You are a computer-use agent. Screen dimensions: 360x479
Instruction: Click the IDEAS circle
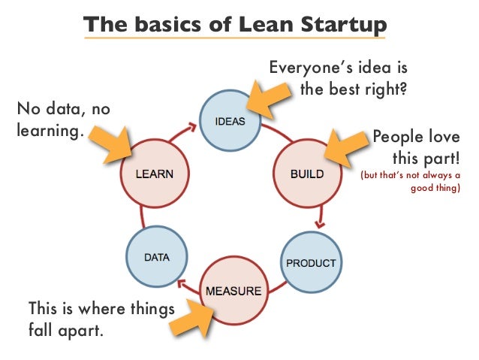(230, 120)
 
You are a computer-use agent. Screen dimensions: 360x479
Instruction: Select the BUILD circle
(306, 174)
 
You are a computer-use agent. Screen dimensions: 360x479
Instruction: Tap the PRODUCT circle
(310, 263)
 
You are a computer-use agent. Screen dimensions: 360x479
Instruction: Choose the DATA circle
(157, 257)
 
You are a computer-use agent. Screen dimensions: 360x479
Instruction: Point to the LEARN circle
(154, 174)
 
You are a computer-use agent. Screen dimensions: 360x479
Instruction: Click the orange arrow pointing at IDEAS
(268, 97)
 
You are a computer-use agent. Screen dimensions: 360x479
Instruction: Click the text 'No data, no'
(63, 110)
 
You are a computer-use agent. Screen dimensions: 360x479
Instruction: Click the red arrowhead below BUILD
(321, 222)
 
